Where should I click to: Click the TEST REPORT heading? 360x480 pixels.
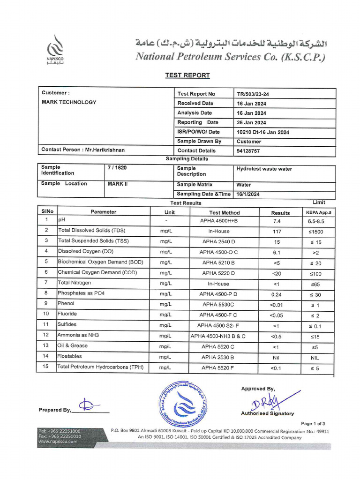tap(187, 75)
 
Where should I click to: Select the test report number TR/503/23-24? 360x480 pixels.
tap(253, 94)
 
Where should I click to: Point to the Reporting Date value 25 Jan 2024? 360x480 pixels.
tap(251, 123)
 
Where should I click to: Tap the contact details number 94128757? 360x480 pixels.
tap(248, 151)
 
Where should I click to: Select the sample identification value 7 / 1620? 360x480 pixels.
tap(117, 168)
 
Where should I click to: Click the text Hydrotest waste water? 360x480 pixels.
tap(264, 169)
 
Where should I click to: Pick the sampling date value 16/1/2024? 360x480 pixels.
tap(248, 195)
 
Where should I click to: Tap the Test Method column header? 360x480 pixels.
tap(224, 212)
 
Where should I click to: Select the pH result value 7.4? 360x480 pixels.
tap(276, 221)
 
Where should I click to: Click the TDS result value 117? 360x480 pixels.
tap(276, 232)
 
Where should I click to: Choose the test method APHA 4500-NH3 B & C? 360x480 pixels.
tap(218, 336)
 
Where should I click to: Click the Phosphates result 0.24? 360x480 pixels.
tap(276, 294)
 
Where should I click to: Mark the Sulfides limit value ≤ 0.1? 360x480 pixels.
tap(315, 326)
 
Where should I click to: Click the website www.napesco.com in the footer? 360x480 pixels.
tap(58, 441)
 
